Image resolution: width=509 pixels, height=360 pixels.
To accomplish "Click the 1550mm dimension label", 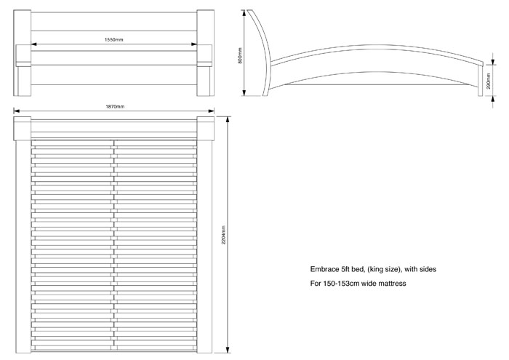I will click(x=113, y=39).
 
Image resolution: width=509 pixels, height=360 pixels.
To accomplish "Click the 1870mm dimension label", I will click(x=115, y=107).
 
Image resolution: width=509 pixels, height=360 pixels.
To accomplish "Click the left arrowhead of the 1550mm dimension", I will click(x=33, y=44).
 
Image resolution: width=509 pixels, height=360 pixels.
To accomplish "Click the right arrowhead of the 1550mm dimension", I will click(x=195, y=44).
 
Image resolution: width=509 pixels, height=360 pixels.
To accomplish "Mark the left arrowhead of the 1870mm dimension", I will click(x=16, y=112).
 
